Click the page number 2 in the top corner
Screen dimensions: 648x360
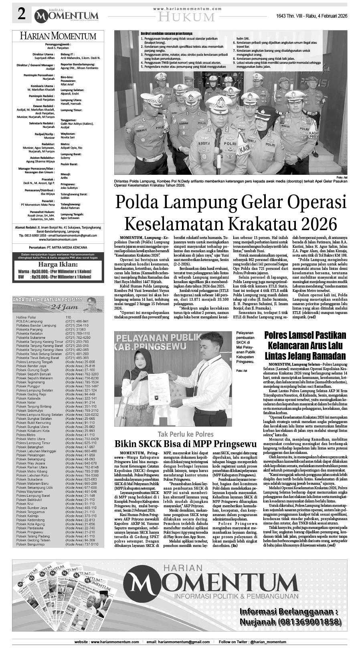pos(21,14)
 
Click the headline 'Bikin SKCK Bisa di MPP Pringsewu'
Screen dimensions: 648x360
pos(185,444)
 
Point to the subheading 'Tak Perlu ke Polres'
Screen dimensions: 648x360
pos(186,434)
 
